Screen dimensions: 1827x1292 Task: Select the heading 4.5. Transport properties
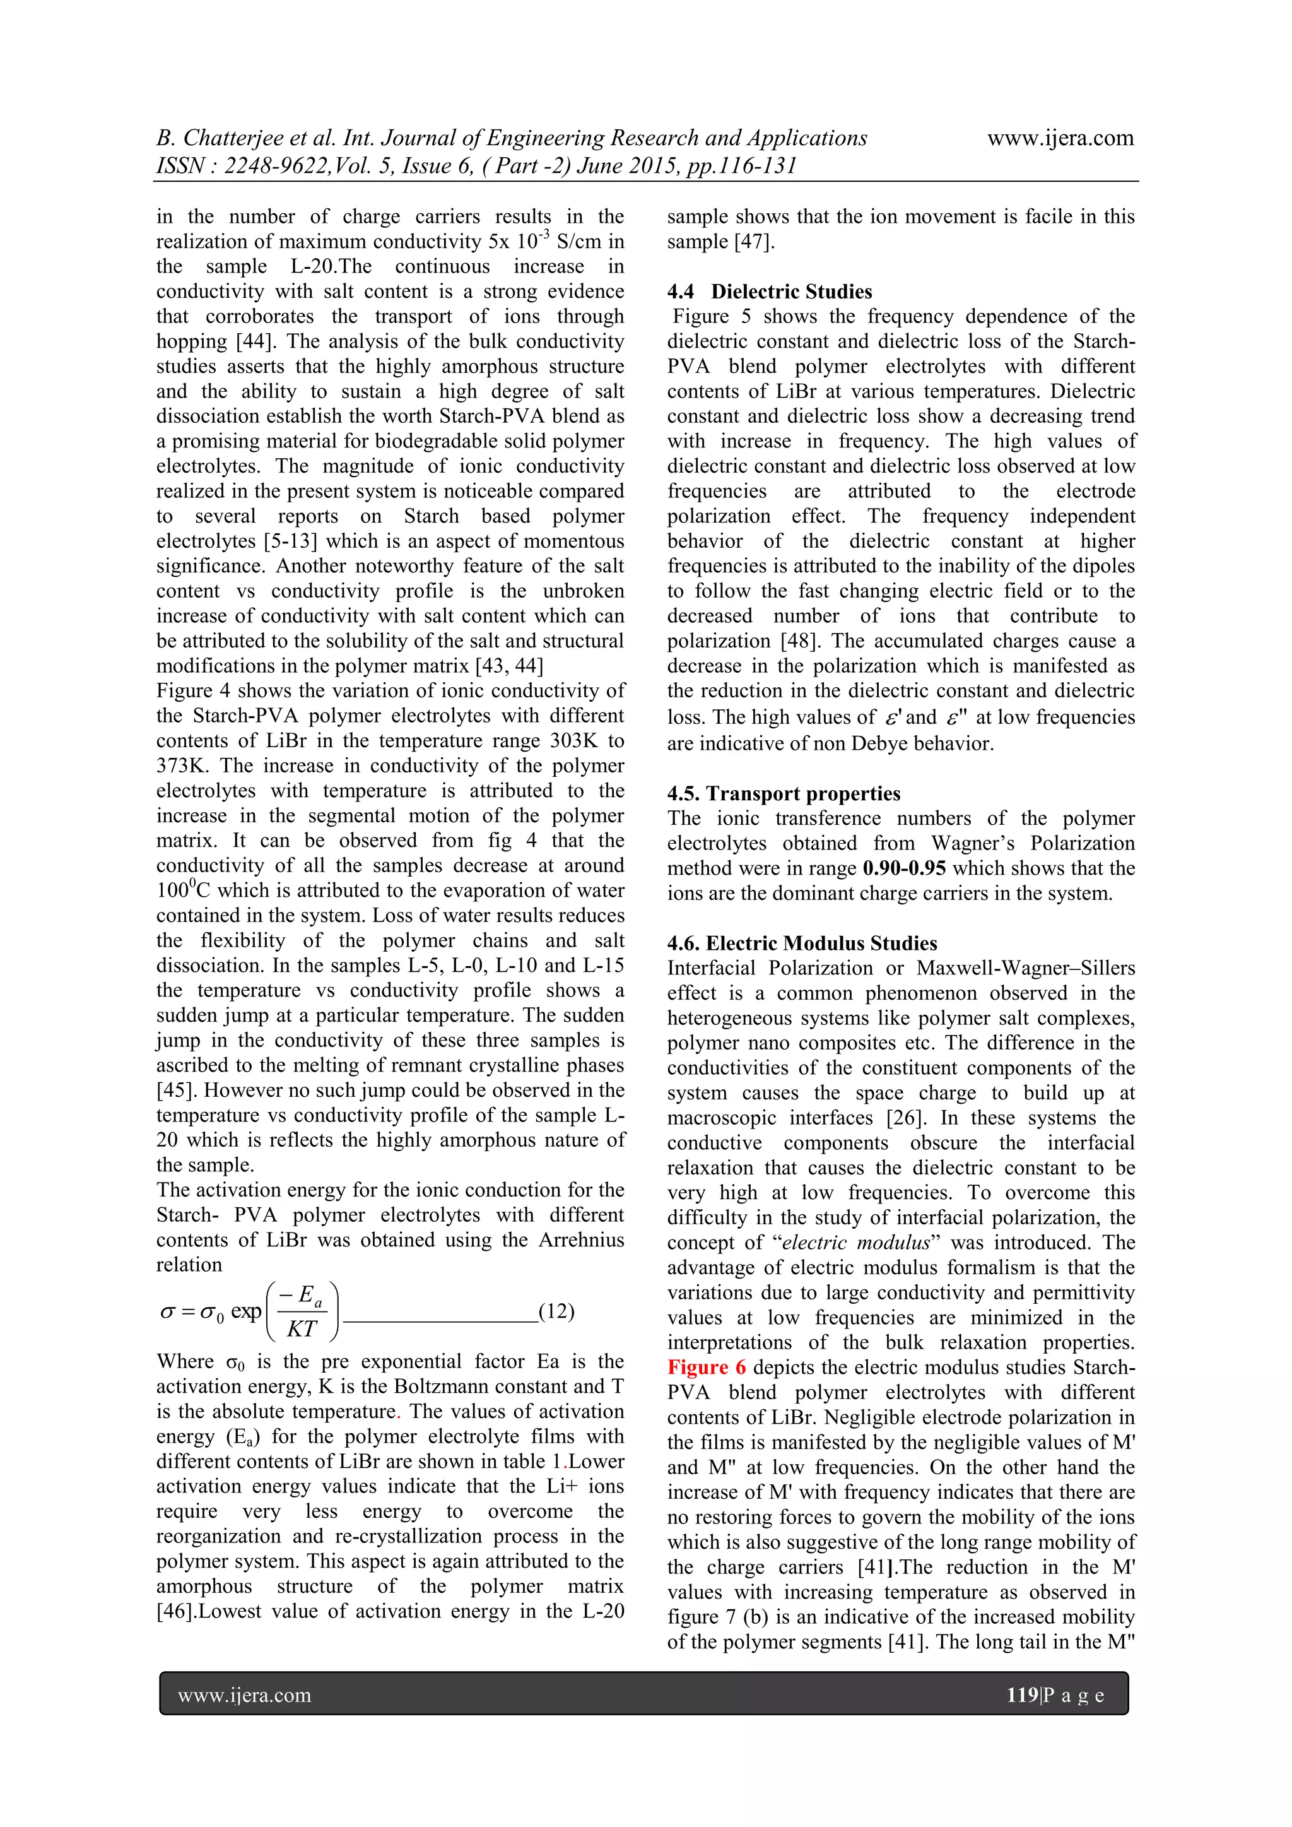point(784,793)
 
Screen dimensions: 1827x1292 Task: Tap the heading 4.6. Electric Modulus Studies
point(802,943)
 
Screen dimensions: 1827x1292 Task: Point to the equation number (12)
point(556,1311)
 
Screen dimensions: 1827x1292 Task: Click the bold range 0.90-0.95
point(904,868)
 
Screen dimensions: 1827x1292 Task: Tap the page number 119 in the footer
point(1021,1695)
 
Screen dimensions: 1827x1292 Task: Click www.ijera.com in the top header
point(1060,138)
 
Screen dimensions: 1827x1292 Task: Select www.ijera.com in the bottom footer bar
point(244,1695)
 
